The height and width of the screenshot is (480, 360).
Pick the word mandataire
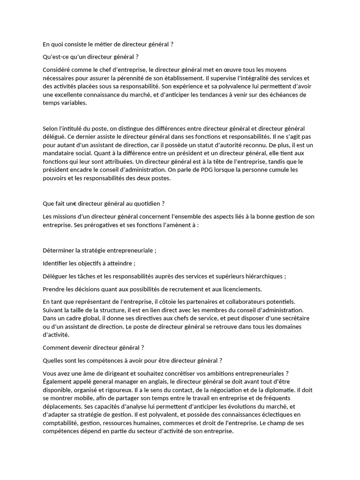coord(60,153)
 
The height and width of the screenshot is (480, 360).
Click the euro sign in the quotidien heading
coord(75,203)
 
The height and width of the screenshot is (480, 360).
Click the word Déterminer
coord(60,250)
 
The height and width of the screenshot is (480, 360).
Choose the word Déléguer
coord(57,276)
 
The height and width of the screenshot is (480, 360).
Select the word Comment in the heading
coord(58,348)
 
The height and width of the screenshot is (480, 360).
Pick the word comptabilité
coord(60,423)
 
